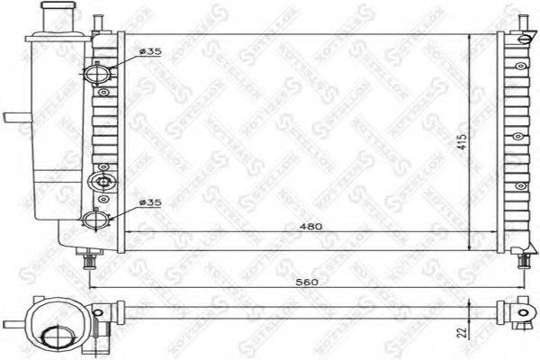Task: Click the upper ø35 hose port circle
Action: coord(96,72)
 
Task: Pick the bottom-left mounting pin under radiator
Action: coord(90,260)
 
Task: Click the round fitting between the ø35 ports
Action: coord(100,182)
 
